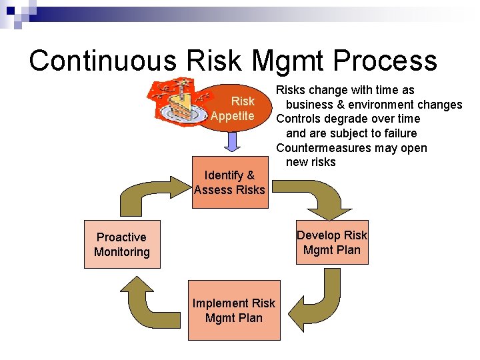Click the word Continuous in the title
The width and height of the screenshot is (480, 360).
[x=102, y=60]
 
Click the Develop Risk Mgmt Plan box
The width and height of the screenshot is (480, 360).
[x=332, y=243]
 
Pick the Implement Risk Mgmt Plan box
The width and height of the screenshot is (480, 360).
[x=234, y=311]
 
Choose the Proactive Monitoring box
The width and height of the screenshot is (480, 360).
[x=122, y=244]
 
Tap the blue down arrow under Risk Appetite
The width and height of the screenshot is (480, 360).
[x=231, y=141]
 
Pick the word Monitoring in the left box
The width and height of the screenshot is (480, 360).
[x=122, y=251]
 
